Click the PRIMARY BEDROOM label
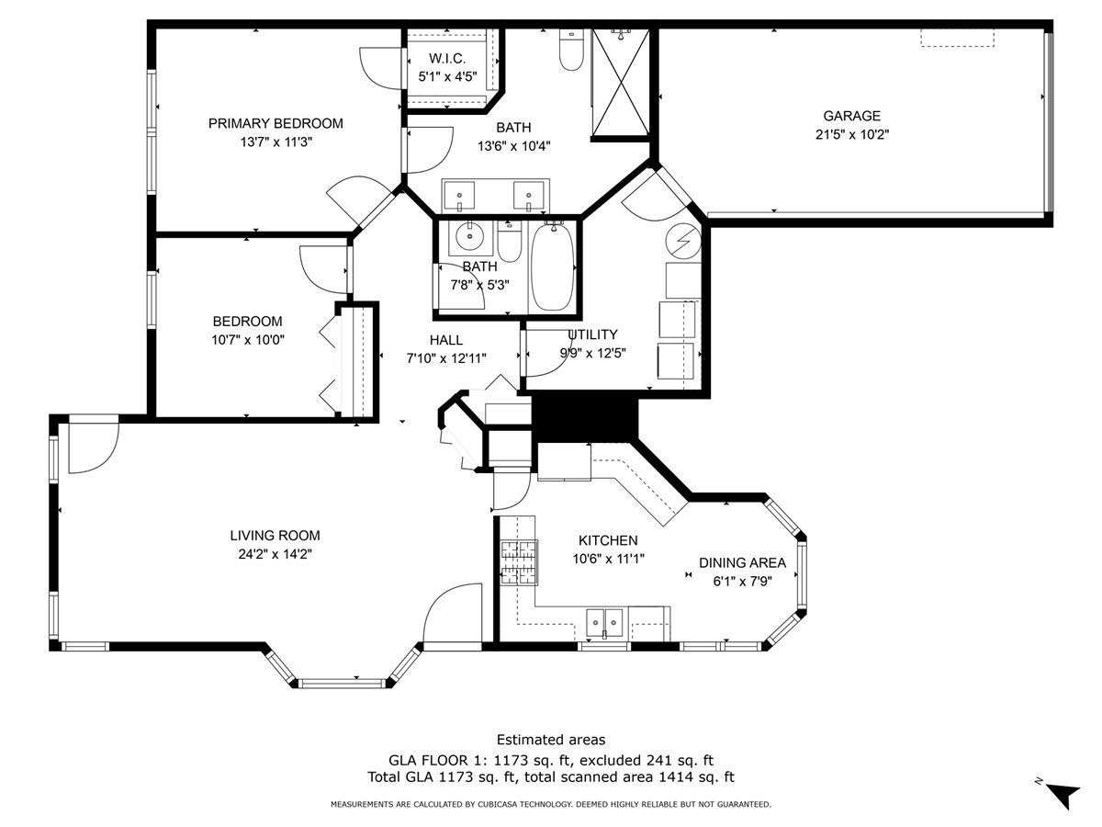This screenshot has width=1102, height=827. pyautogui.click(x=275, y=123)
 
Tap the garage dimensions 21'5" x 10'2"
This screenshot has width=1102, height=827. pyautogui.click(x=852, y=134)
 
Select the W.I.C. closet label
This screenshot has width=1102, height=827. pyautogui.click(x=447, y=59)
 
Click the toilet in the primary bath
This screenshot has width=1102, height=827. pyautogui.click(x=571, y=50)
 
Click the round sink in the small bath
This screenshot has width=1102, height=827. pyautogui.click(x=470, y=235)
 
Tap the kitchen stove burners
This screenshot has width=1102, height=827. pyautogui.click(x=519, y=562)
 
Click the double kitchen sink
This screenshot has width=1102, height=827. pyautogui.click(x=604, y=624)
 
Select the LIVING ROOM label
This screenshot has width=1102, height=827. pyautogui.click(x=275, y=536)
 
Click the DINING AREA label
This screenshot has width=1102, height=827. pyautogui.click(x=743, y=563)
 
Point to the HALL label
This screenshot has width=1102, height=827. pyautogui.click(x=446, y=340)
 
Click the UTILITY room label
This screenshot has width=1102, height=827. pyautogui.click(x=593, y=334)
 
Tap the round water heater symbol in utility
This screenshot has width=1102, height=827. pyautogui.click(x=683, y=241)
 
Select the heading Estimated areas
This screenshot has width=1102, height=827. pyautogui.click(x=551, y=740)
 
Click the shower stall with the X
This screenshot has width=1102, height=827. pyautogui.click(x=621, y=83)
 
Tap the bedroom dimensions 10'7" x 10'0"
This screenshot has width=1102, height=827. pyautogui.click(x=248, y=340)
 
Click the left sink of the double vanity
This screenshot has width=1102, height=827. pyautogui.click(x=459, y=196)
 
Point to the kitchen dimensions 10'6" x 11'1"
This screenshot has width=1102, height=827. pyautogui.click(x=609, y=559)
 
